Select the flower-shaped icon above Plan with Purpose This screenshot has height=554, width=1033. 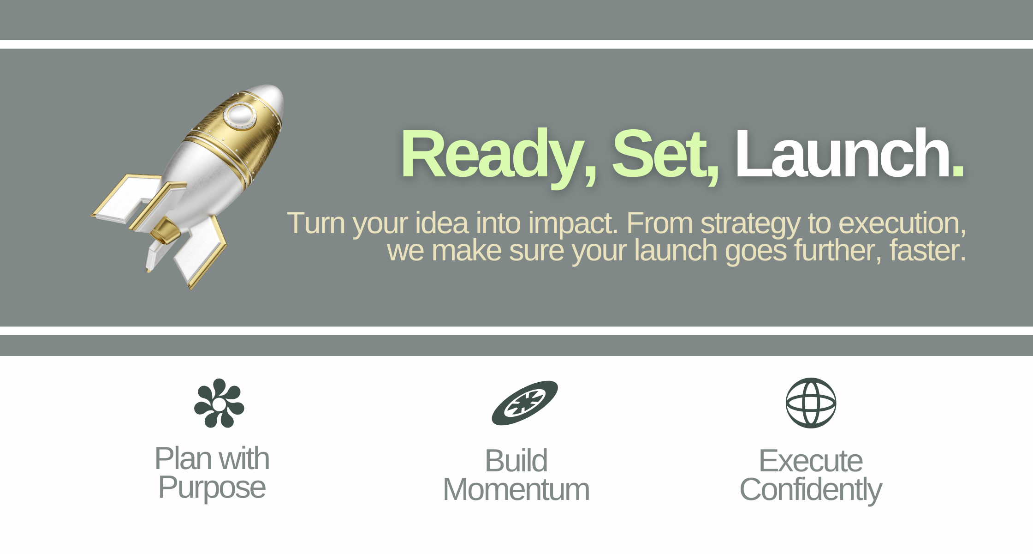click(219, 403)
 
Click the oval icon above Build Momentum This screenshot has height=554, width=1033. click(525, 403)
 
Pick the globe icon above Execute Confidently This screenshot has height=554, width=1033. click(811, 403)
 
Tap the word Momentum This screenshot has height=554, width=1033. click(516, 489)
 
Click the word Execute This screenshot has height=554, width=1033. click(811, 461)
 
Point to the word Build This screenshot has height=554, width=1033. click(516, 460)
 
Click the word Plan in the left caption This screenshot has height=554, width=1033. click(183, 460)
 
